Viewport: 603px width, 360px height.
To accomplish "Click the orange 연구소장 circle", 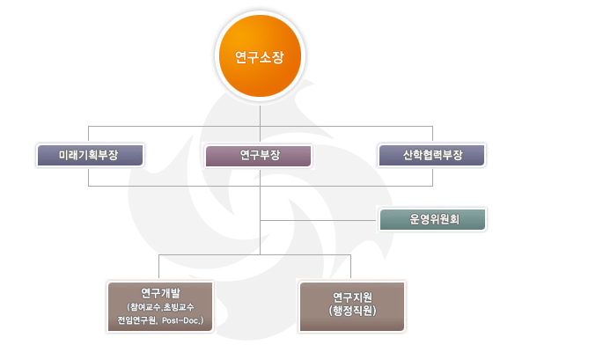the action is point(260,55).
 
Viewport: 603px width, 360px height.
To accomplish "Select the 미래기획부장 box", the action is point(90,155).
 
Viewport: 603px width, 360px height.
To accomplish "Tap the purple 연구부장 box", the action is point(258,156).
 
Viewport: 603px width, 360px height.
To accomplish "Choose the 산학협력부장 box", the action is point(431,155).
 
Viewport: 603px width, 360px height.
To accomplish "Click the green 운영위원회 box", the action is point(432,220).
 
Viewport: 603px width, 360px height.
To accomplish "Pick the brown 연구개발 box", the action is point(160,306).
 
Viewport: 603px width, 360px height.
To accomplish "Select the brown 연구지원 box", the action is point(352,306).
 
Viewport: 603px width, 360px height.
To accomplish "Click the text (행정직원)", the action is point(352,311).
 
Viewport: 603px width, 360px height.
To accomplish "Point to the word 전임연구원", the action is point(136,320).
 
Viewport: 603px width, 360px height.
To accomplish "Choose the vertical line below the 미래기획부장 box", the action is point(88,176).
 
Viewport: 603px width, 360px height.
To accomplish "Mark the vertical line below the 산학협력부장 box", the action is point(432,176).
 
